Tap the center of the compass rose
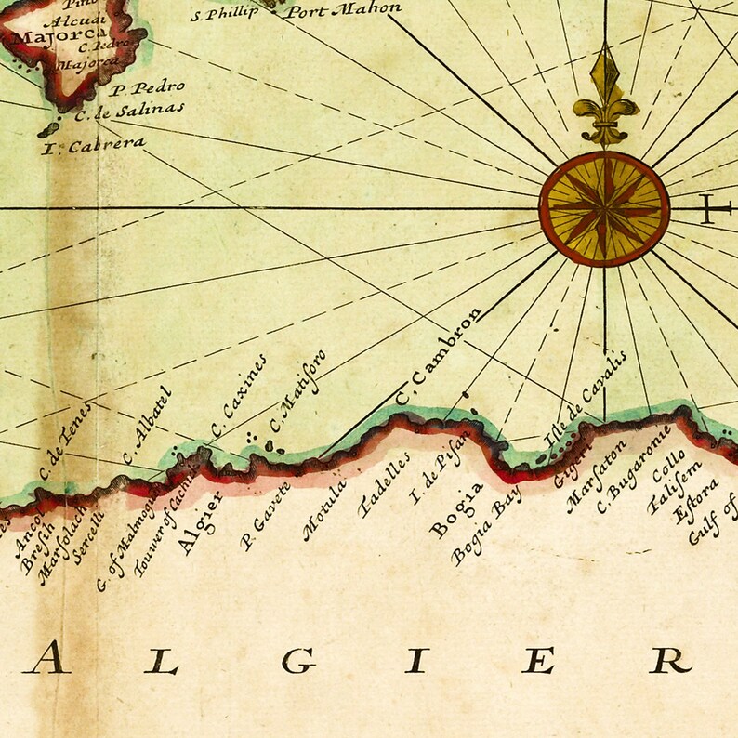click(604, 208)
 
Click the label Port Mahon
click(343, 10)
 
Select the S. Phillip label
click(225, 14)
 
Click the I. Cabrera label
click(94, 145)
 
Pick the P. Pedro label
click(147, 88)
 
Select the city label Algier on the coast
click(200, 524)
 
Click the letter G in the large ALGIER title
click(299, 661)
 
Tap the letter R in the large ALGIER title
click(670, 660)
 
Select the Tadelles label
click(384, 485)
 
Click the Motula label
click(324, 509)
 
